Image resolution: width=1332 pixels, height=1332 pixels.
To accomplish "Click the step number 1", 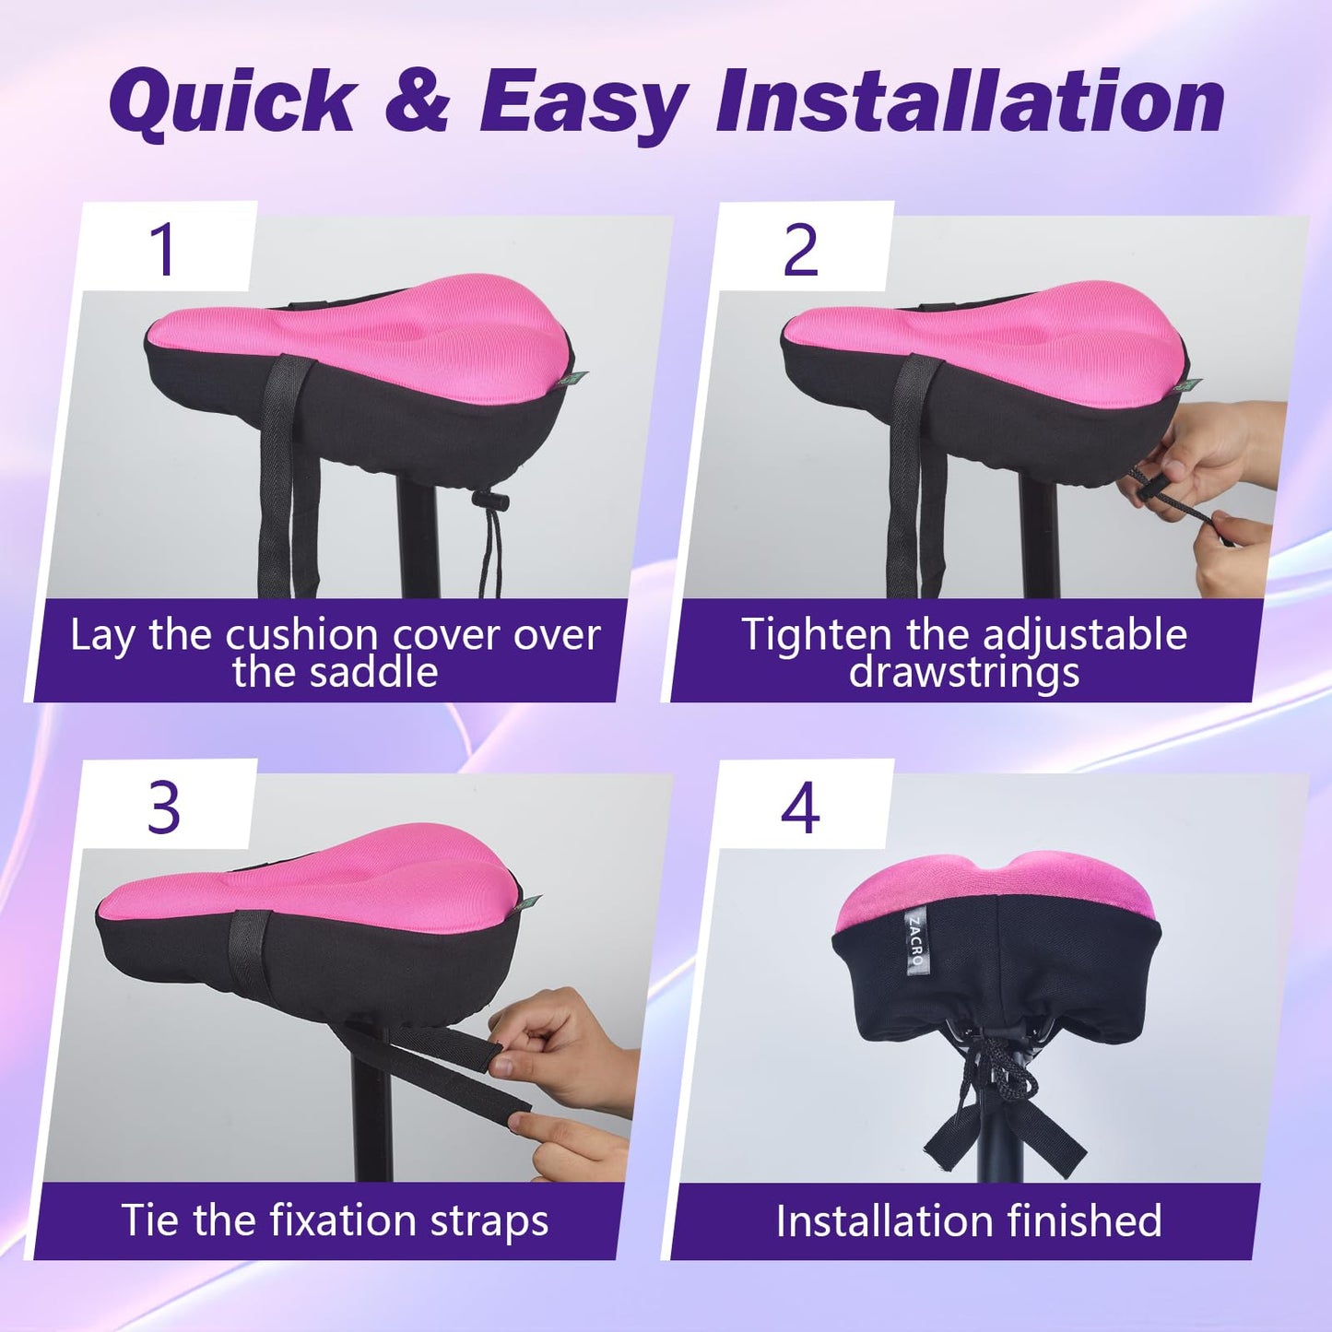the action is click(x=164, y=250).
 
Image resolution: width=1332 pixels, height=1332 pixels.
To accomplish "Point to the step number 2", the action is click(x=800, y=250).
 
